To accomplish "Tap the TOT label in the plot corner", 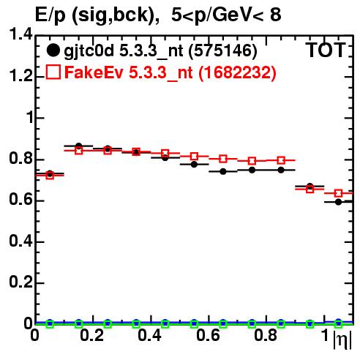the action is pos(326,50).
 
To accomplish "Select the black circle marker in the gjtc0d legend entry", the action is pos(53,50).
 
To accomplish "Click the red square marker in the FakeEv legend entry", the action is pos(53,72).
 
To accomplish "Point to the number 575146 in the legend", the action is pos(222,50).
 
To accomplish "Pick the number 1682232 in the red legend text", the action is pos(237,72).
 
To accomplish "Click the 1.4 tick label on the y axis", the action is pos(20,34).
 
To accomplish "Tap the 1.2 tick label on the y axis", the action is pos(20,76).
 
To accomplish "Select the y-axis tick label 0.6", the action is pos(20,200).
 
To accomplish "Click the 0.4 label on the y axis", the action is pos(20,241).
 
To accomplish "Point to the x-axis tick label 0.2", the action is pos(92,335).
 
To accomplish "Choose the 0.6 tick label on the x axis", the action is pos(208,335).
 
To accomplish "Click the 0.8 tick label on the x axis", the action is pos(266,335).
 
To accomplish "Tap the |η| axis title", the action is pos(342,340).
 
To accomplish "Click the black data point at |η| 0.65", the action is pos(223,171).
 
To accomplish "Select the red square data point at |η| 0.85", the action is pos(281,160).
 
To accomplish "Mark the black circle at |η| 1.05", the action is pos(338,202).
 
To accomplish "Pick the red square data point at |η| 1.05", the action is pos(338,193).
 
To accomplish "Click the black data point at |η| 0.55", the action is pos(194,165).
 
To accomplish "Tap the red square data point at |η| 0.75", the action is pos(252,161).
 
